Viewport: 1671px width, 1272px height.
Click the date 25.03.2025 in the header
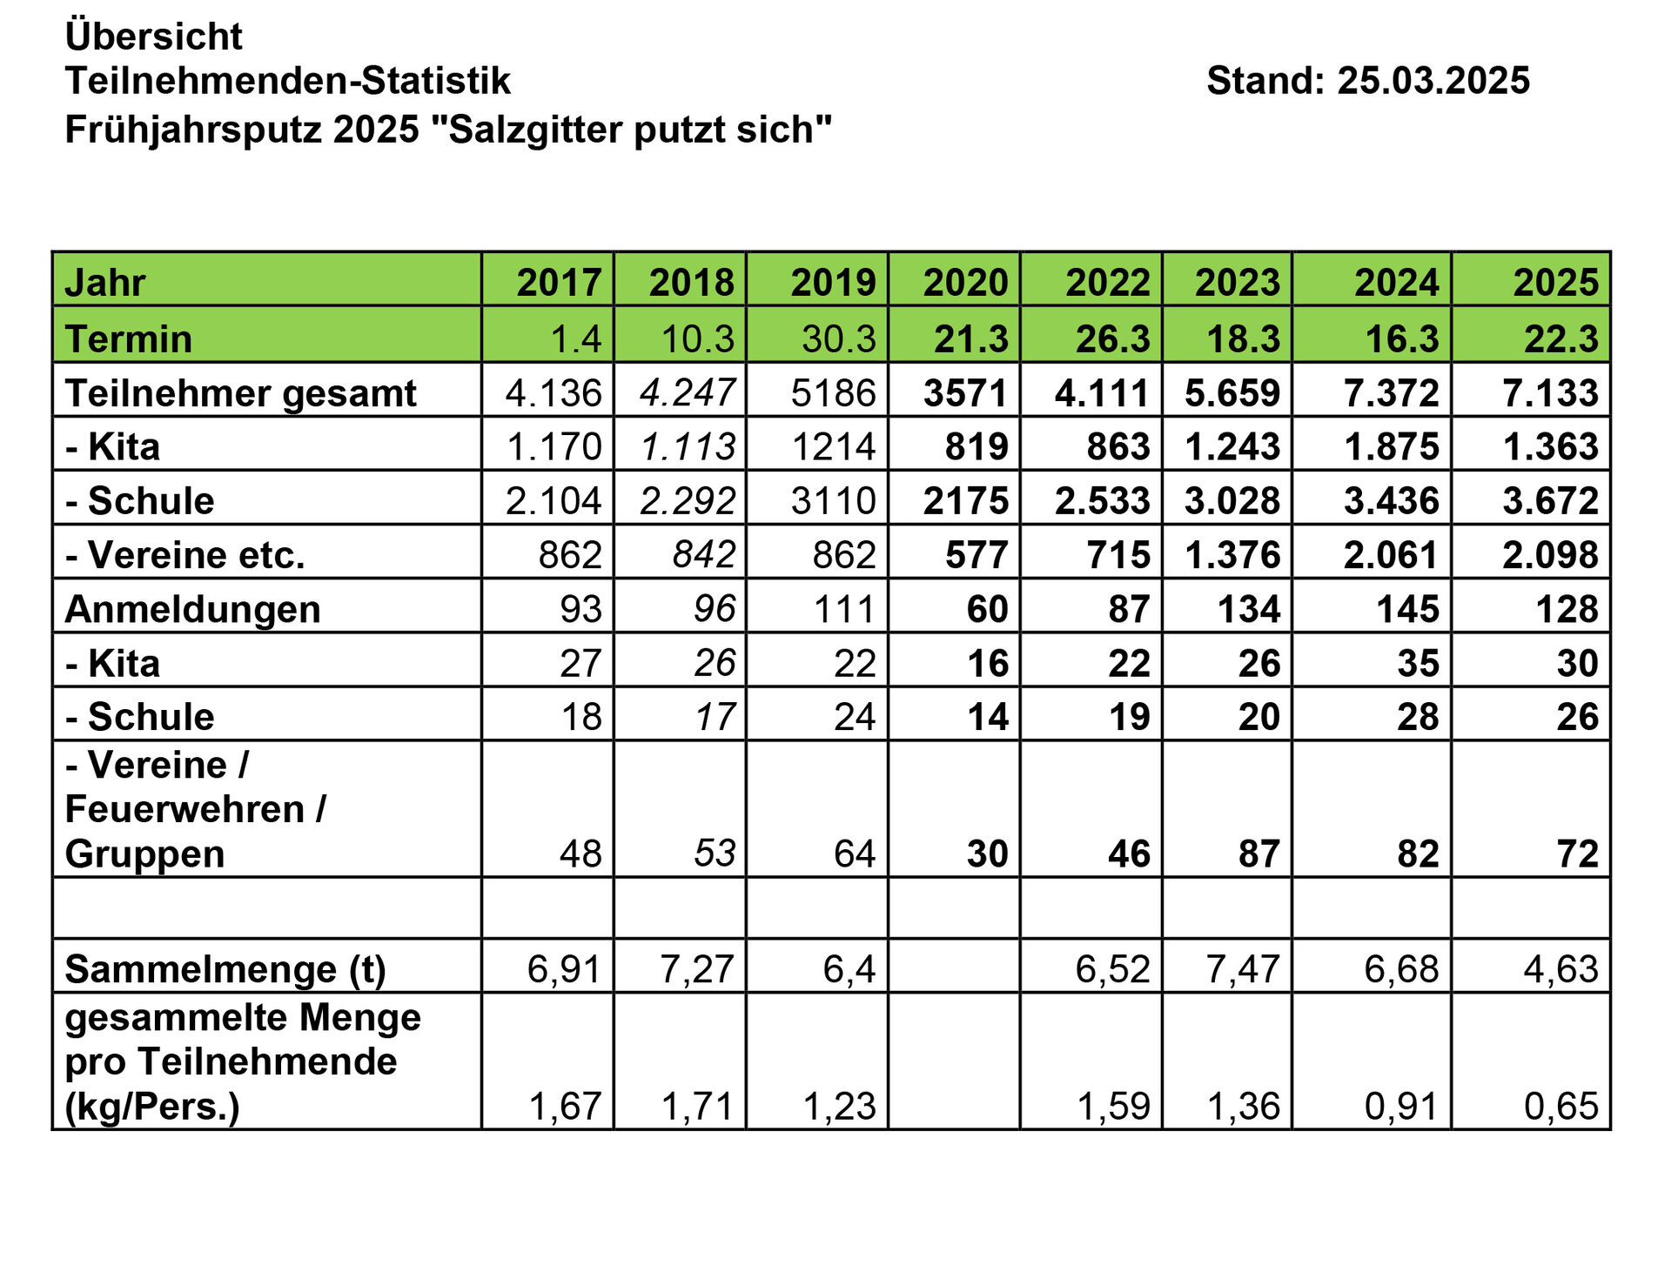pyautogui.click(x=1433, y=81)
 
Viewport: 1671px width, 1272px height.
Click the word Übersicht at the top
pyautogui.click(x=153, y=37)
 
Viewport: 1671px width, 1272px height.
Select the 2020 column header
pyautogui.click(x=965, y=283)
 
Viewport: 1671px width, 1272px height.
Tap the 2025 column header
pyautogui.click(x=1555, y=283)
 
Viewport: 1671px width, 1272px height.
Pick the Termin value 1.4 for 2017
pyautogui.click(x=576, y=338)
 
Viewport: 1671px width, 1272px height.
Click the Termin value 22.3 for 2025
pyautogui.click(x=1560, y=338)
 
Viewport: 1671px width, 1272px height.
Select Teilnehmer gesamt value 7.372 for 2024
pyautogui.click(x=1391, y=393)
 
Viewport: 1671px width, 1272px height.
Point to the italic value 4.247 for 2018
pyautogui.click(x=688, y=392)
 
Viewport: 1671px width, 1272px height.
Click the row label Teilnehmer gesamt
pyautogui.click(x=240, y=393)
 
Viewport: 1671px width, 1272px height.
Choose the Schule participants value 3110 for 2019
pyautogui.click(x=833, y=501)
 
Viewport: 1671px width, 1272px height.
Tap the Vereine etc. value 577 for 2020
pyautogui.click(x=976, y=555)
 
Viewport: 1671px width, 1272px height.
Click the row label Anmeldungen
pyautogui.click(x=192, y=609)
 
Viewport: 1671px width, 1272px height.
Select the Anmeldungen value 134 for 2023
pyautogui.click(x=1249, y=609)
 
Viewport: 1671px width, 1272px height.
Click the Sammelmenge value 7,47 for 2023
pyautogui.click(x=1242, y=968)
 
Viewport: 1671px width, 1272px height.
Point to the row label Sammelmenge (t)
pyautogui.click(x=225, y=969)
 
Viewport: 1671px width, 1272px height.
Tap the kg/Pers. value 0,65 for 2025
pyautogui.click(x=1560, y=1106)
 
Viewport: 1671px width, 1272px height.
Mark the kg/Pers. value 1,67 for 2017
pyautogui.click(x=565, y=1106)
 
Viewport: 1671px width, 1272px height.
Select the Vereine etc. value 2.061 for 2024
pyautogui.click(x=1390, y=555)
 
